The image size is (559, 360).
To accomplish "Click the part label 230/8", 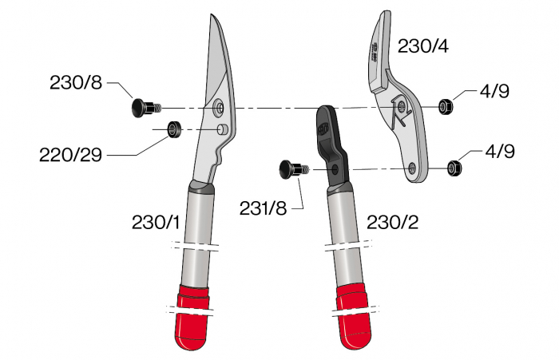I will click(76, 81).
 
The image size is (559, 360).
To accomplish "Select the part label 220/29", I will click(71, 154).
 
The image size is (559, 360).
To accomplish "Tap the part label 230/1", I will click(157, 223).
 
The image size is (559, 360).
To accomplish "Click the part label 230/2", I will click(391, 223).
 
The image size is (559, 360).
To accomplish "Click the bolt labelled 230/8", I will click(143, 107).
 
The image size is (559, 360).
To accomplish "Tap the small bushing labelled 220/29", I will click(172, 129).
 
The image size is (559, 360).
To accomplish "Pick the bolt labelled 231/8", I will click(291, 168).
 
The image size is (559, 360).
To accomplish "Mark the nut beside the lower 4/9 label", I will click(454, 167).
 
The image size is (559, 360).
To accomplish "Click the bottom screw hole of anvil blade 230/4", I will click(412, 168).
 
